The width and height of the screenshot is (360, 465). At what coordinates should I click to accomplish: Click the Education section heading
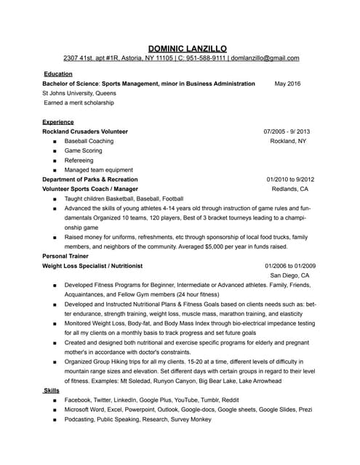click(x=57, y=74)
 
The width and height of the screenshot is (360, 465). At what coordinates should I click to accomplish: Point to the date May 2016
click(x=287, y=84)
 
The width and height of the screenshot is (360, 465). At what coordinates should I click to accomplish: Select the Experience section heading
click(x=58, y=122)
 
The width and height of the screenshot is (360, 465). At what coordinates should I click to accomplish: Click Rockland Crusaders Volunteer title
click(x=85, y=132)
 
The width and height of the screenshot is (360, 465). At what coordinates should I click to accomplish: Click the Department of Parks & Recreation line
click(x=89, y=179)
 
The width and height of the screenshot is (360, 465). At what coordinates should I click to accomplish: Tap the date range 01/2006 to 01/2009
click(x=289, y=266)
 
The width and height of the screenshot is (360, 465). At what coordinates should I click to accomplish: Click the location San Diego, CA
click(x=289, y=276)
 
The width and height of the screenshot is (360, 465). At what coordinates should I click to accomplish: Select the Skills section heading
click(x=52, y=391)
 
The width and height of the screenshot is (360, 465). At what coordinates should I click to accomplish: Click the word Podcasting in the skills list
click(x=81, y=419)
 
